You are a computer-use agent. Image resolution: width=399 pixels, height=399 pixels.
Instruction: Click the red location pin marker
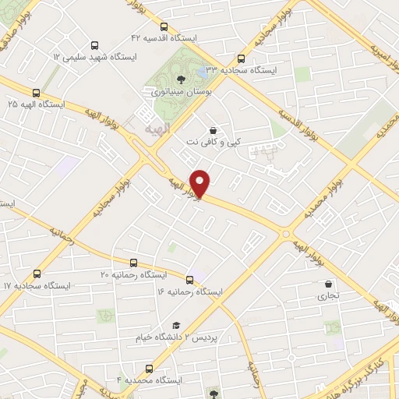point(201,183)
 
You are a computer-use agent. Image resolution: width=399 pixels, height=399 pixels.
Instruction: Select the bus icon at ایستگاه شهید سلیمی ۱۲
point(95,45)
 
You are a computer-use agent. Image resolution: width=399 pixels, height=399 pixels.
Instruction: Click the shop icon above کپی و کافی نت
point(214,130)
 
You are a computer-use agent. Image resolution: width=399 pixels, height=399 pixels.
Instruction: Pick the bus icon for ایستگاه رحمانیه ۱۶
point(190,279)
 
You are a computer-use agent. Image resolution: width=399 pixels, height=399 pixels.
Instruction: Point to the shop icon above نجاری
point(328,284)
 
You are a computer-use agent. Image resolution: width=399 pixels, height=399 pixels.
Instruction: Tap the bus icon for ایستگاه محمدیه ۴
point(149,368)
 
